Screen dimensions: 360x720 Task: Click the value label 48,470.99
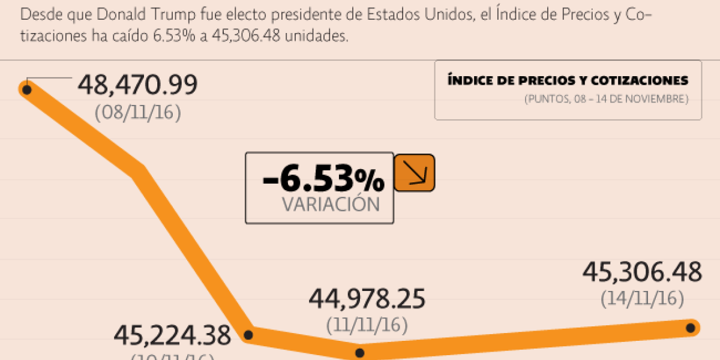137,86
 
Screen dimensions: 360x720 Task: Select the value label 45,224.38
172,336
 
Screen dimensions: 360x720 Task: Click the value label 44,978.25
367,299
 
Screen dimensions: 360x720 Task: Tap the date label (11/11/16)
367,325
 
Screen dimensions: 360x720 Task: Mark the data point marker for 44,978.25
360,353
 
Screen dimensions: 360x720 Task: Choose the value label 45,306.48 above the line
642,272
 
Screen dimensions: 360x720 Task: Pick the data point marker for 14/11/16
691,328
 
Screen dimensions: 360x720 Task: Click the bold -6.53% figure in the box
323,179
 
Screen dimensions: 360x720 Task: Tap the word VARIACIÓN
331,205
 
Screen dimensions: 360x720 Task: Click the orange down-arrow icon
414,173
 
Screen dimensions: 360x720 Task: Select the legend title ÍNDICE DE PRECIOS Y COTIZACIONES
568,80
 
